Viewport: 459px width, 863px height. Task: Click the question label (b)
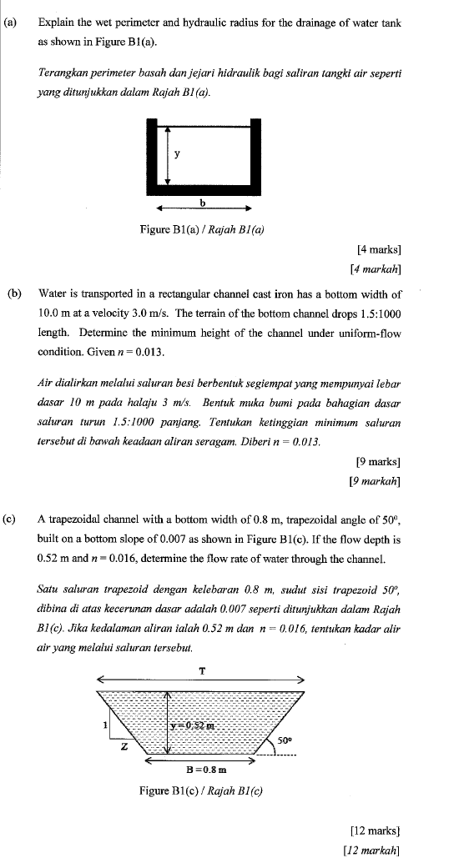pos(14,294)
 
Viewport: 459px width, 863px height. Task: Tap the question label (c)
pos(11,518)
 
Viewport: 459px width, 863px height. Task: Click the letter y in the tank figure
pos(177,153)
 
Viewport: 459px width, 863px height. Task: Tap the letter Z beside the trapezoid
pos(124,745)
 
